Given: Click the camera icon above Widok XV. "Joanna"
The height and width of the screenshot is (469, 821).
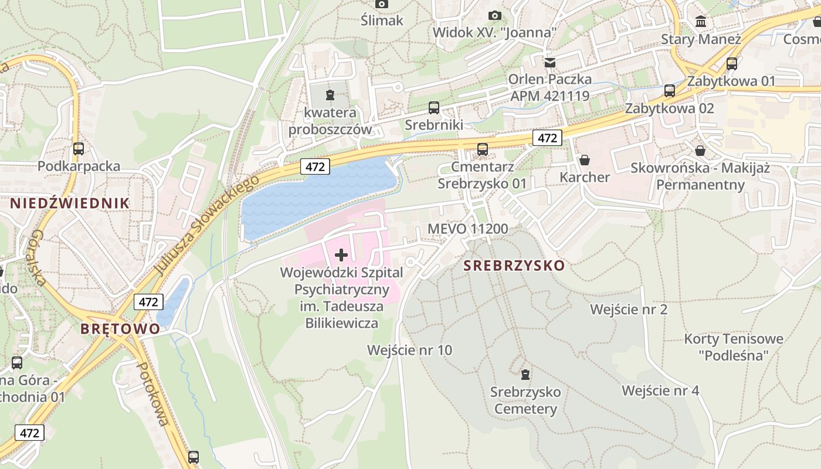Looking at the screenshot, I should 495,15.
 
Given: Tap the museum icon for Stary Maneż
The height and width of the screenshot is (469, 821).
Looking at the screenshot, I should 700,22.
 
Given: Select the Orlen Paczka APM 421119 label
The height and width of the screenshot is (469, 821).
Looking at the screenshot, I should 549,87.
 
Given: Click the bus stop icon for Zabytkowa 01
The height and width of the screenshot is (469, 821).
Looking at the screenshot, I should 732,64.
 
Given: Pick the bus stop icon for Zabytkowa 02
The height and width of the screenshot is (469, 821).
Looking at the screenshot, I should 670,91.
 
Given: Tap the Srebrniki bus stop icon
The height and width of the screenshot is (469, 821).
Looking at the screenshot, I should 434,107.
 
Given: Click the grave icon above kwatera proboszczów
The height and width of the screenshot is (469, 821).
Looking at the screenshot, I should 330,94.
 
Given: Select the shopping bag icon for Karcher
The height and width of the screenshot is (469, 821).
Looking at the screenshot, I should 585,159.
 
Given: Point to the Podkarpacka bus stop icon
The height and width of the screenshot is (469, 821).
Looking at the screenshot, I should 79,149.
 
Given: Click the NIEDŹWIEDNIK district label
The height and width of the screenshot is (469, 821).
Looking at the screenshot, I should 70,203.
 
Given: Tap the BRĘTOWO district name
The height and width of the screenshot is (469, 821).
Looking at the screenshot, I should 120,328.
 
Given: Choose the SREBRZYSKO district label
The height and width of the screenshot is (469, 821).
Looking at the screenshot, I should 514,266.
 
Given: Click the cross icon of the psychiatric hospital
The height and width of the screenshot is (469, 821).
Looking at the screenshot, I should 341,255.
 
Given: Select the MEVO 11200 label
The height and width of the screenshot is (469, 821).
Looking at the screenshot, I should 468,229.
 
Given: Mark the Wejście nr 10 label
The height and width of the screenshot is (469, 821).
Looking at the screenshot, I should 409,350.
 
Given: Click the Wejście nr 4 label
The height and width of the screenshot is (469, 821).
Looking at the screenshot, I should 660,390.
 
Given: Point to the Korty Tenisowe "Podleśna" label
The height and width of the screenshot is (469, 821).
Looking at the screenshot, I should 734,347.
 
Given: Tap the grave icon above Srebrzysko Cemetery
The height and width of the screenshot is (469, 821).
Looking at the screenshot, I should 525,374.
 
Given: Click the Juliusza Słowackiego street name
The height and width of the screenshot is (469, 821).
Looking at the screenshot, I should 206,225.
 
